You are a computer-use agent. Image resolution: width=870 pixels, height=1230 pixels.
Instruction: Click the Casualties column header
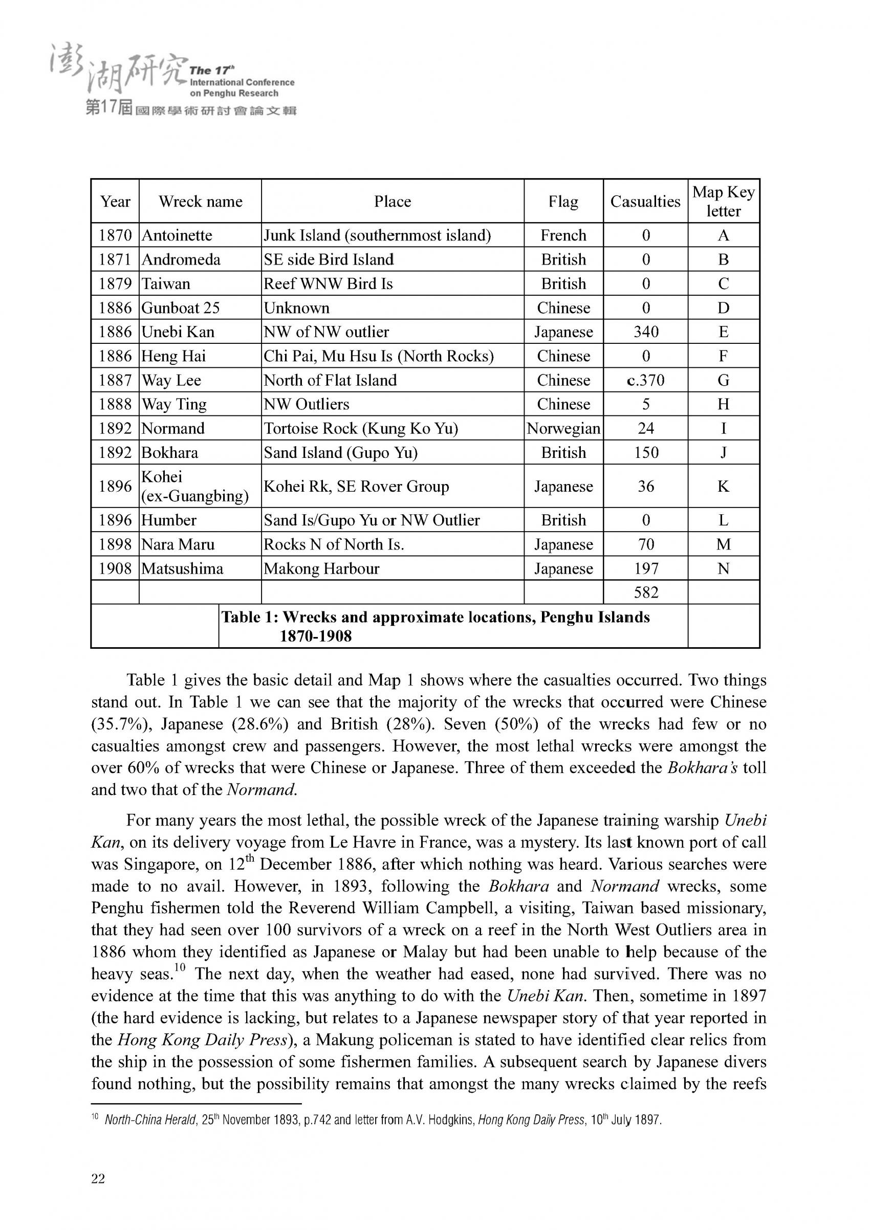[645, 202]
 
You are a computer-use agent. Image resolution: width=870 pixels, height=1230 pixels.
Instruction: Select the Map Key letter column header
[723, 202]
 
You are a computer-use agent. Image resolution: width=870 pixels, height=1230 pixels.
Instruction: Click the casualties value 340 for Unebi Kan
[645, 332]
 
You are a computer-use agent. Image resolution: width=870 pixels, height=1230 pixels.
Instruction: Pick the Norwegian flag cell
[563, 428]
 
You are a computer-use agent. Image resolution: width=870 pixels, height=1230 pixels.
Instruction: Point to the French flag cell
[563, 235]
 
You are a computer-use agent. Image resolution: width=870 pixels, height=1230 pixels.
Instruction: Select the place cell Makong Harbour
[321, 568]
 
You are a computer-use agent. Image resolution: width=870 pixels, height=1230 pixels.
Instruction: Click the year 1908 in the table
[115, 568]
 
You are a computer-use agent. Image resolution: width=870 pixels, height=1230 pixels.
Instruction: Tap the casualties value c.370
[645, 380]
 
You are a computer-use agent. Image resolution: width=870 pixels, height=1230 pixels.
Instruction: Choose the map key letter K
[723, 486]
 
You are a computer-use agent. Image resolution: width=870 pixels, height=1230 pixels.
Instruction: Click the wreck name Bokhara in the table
[170, 453]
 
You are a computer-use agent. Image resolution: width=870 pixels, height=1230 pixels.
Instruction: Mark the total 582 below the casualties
[645, 592]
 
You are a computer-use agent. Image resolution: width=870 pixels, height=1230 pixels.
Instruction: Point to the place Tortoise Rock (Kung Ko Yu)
[360, 428]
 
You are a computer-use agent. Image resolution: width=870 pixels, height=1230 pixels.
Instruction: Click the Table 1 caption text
[435, 626]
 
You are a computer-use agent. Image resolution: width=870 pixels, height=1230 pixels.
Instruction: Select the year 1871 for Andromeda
[115, 259]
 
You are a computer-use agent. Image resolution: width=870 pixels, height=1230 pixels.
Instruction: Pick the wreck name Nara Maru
[178, 544]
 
